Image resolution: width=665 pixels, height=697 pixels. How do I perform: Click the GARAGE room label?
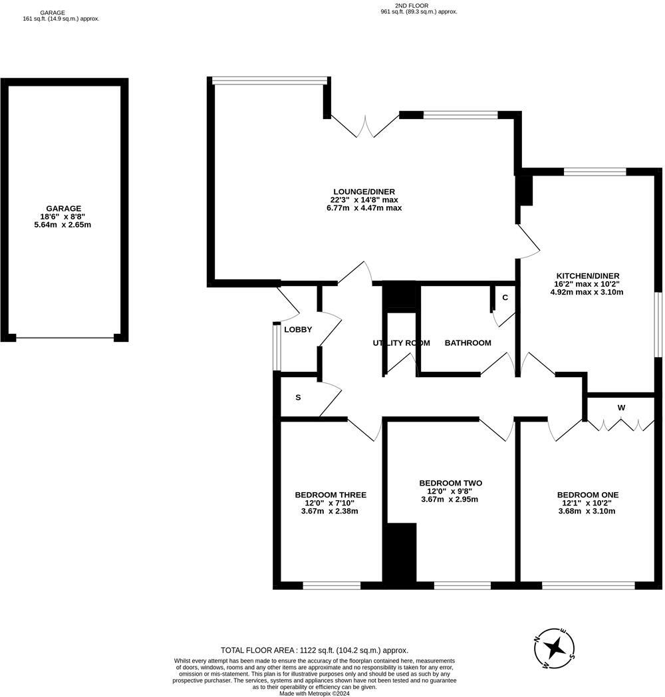click(64, 208)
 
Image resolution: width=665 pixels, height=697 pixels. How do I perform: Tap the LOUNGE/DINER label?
click(366, 191)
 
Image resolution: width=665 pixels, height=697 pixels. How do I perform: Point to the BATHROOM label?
click(467, 343)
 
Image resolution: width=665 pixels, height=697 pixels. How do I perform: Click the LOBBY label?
click(298, 330)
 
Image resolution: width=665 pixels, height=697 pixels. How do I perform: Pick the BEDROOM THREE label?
click(331, 495)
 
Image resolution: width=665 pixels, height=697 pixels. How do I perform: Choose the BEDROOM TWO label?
click(450, 483)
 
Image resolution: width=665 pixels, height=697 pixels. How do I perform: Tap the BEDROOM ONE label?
click(588, 495)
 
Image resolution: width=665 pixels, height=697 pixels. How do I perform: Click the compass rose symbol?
click(557, 646)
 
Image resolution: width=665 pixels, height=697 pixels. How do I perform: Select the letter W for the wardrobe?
click(621, 408)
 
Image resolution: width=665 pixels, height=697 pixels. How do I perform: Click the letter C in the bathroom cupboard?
click(505, 297)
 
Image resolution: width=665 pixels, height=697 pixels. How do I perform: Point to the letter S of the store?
click(298, 398)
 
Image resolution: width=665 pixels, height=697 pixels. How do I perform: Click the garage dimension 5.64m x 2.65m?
click(64, 225)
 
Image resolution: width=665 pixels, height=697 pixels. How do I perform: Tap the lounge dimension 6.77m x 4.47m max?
click(366, 208)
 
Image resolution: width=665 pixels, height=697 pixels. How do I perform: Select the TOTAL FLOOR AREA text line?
click(315, 650)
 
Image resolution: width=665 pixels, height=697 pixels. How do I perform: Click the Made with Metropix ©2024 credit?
click(314, 693)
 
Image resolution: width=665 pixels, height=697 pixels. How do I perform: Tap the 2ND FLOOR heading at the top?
click(418, 5)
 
